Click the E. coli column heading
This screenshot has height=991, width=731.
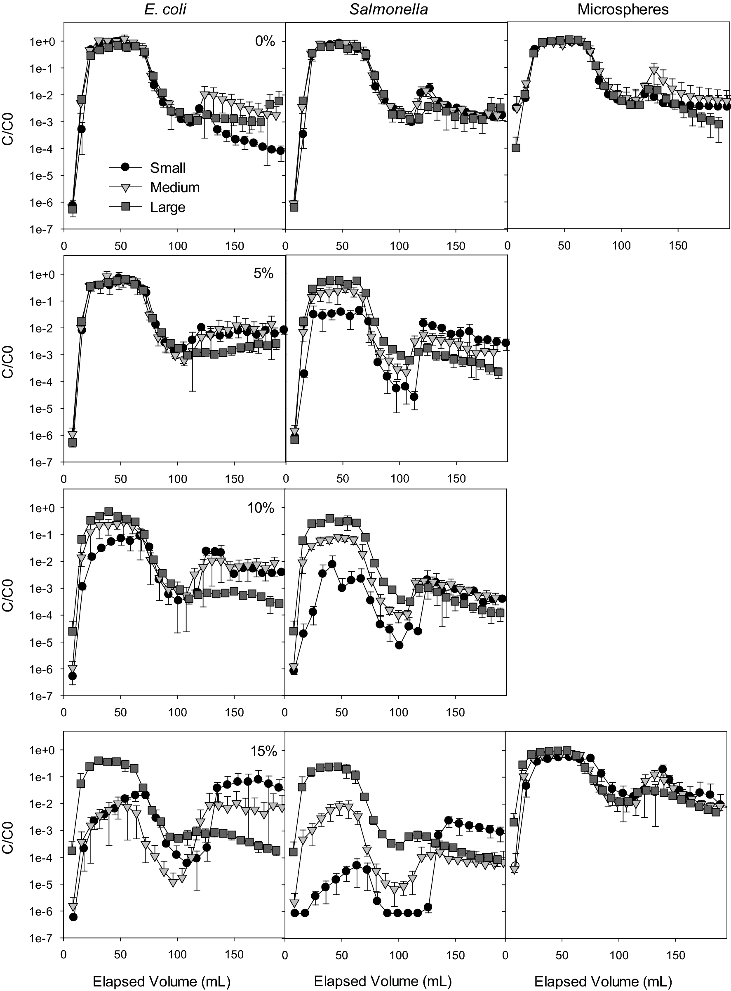(165, 10)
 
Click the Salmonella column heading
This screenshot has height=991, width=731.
(388, 10)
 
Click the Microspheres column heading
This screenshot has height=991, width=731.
(623, 10)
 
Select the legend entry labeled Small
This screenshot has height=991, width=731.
(168, 168)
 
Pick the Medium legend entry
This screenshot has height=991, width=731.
(175, 188)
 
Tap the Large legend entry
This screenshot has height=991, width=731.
(168, 207)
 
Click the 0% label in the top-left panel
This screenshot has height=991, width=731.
(265, 42)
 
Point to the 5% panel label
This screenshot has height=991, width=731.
(263, 273)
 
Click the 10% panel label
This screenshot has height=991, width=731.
(261, 508)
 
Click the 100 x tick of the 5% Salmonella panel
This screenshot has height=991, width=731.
(399, 479)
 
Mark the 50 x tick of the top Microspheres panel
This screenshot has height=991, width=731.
(564, 246)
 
